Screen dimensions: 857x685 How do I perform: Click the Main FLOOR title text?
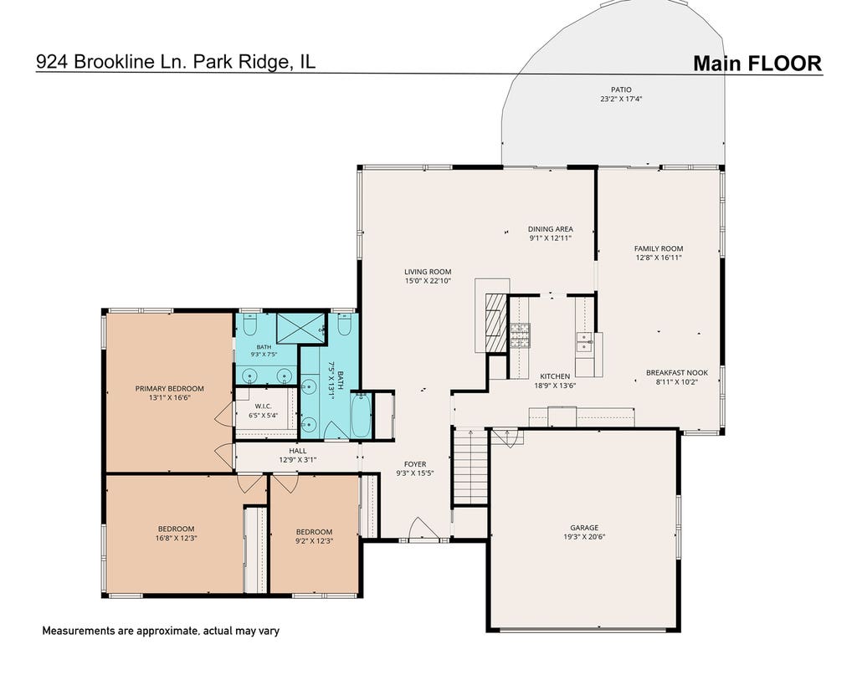point(757,64)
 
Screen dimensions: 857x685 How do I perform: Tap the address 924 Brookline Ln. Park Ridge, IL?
point(176,62)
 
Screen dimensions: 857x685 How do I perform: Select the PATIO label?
point(621,89)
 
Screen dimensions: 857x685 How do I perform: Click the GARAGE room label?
point(584,528)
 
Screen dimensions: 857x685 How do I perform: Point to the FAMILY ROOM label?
point(659,248)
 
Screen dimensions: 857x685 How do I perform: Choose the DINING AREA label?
point(551,229)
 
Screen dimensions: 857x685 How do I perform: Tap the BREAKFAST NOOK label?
point(676,372)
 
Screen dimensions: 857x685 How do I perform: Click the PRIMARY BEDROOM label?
point(169,388)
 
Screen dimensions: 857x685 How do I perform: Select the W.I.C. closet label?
point(264,406)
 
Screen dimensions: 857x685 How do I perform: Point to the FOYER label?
point(415,464)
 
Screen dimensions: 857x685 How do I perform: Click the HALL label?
point(298,451)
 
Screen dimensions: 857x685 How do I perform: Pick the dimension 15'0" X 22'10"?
point(428,281)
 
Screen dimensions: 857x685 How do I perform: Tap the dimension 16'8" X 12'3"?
point(176,538)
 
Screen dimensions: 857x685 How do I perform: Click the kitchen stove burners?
point(520,336)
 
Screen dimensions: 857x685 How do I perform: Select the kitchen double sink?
point(585,341)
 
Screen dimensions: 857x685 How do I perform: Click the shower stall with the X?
point(300,329)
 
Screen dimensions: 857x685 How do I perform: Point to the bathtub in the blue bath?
point(360,416)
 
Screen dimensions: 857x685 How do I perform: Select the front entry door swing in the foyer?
point(423,528)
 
